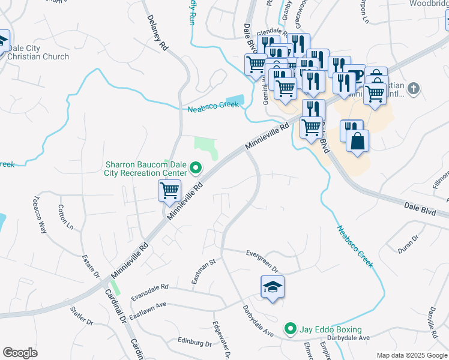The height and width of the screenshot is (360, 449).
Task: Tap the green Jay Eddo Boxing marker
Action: point(291,329)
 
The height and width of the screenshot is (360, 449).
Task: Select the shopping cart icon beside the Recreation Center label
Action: point(170,191)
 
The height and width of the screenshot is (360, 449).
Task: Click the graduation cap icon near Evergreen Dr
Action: point(273,287)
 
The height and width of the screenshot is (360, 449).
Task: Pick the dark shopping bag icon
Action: point(357,142)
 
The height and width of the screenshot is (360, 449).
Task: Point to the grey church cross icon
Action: point(412,89)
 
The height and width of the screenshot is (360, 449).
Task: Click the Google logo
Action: point(20,352)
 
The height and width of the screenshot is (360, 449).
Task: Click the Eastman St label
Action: point(203,268)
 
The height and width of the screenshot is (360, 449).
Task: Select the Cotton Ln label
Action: point(65,218)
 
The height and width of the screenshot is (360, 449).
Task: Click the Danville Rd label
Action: point(432,319)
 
